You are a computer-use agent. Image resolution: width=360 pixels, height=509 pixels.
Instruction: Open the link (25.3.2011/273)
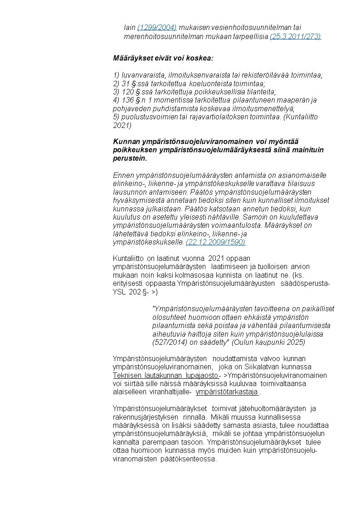[295, 36]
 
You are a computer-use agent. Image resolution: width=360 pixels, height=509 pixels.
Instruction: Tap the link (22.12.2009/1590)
[215, 242]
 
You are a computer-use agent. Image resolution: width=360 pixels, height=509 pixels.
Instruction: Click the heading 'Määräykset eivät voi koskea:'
[163, 59]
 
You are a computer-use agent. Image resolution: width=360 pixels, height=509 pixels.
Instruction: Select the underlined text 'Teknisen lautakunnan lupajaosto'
[165, 376]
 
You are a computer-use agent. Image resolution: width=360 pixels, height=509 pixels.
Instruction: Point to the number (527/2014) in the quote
[168, 342]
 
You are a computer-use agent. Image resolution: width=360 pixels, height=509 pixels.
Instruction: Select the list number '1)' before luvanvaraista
[116, 75]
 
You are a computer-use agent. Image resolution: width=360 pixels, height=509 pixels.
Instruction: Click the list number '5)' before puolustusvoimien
[116, 117]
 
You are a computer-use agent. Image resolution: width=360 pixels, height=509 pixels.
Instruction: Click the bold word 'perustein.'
[130, 159]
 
